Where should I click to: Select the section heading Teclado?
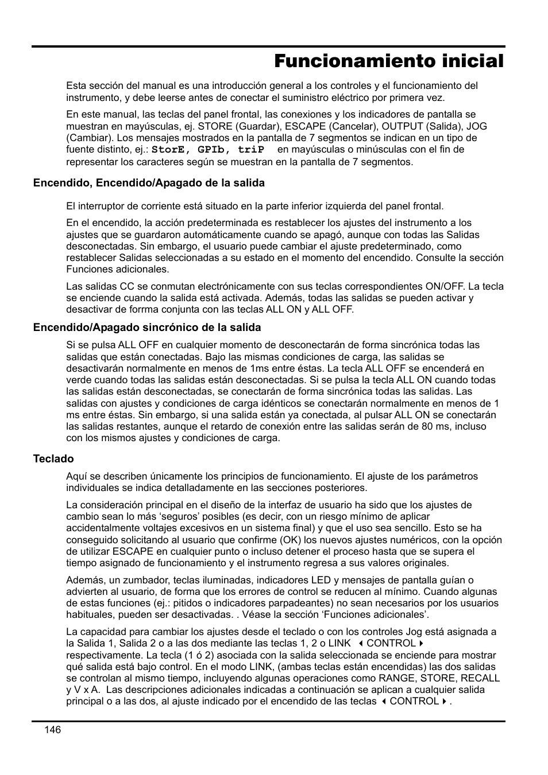(x=53, y=459)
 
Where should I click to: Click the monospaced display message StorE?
(x=172, y=150)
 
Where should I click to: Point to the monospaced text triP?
(x=251, y=150)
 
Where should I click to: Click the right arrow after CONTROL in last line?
(x=445, y=702)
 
